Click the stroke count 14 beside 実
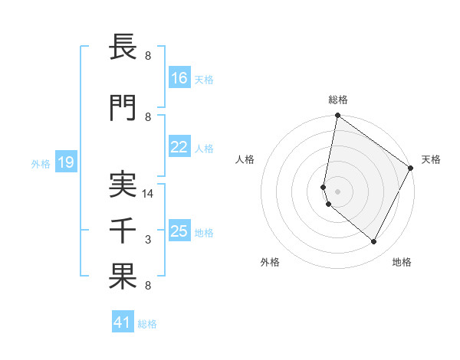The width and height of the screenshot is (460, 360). click(x=149, y=194)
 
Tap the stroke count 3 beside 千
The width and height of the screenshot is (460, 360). click(x=148, y=240)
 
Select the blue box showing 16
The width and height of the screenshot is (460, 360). click(x=179, y=78)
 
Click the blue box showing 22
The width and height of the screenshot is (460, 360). click(x=179, y=148)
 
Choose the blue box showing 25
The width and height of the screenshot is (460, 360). click(x=179, y=232)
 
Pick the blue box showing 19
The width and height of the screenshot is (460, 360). click(x=66, y=162)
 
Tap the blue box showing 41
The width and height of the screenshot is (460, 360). click(x=123, y=323)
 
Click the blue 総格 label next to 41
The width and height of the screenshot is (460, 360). click(x=147, y=324)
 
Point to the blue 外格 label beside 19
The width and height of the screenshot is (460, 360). click(x=41, y=163)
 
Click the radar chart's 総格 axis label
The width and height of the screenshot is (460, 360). click(x=338, y=100)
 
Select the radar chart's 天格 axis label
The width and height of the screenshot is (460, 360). click(x=432, y=159)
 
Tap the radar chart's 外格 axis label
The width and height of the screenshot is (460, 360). click(x=270, y=262)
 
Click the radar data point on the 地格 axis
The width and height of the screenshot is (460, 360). click(x=374, y=242)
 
